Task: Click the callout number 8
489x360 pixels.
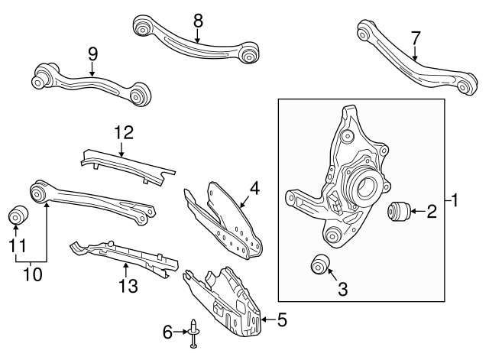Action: tap(198, 21)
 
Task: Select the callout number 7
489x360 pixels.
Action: tap(416, 37)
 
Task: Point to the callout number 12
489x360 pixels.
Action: tap(123, 132)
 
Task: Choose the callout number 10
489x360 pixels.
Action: tap(31, 271)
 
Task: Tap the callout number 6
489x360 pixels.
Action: tap(167, 331)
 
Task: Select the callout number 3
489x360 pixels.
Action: tap(342, 289)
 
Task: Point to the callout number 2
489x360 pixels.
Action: tap(431, 211)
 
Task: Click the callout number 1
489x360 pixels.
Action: tap(456, 202)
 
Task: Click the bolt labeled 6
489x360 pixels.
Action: tap(193, 333)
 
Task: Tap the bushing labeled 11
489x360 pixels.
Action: tap(17, 216)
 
